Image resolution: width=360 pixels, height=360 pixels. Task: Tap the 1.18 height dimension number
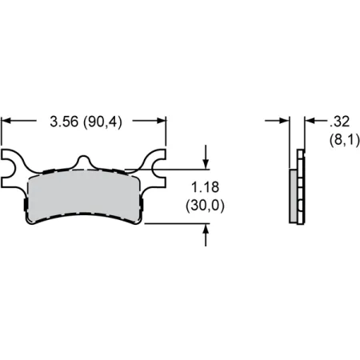206,187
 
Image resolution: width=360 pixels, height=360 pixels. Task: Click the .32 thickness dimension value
339,122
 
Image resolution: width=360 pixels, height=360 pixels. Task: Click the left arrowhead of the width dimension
6,121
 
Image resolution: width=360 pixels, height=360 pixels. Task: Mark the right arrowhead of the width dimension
161,121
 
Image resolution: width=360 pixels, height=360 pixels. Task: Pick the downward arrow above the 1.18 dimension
206,157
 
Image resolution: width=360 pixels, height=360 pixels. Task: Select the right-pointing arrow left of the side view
277,121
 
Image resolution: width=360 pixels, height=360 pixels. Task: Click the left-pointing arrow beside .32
316,121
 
